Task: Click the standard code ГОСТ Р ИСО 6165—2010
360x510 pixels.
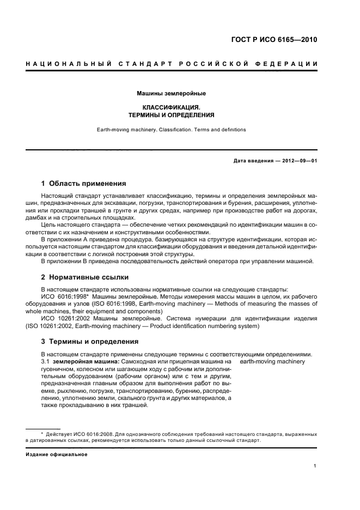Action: (x=274, y=40)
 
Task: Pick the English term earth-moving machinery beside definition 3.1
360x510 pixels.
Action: (x=272, y=362)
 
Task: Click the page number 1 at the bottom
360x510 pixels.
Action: (x=315, y=465)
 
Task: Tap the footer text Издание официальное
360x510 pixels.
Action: (x=52, y=453)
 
